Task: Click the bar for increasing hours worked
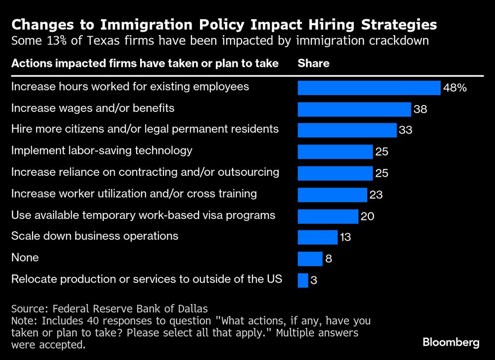[369, 88]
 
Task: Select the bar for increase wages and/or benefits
[354, 109]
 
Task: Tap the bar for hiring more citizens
[346, 130]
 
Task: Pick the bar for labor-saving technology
[335, 152]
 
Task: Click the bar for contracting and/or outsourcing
[335, 173]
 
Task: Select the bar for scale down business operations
[317, 237]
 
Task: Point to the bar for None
[310, 258]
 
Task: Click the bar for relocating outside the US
[303, 280]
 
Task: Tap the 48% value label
[455, 88]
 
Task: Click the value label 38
[420, 109]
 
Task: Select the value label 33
[405, 131]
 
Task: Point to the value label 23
[376, 195]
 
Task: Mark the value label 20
[367, 216]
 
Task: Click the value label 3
[313, 280]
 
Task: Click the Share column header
[313, 63]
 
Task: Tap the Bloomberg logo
[451, 342]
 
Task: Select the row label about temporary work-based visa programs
[143, 215]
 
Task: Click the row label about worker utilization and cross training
[134, 194]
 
